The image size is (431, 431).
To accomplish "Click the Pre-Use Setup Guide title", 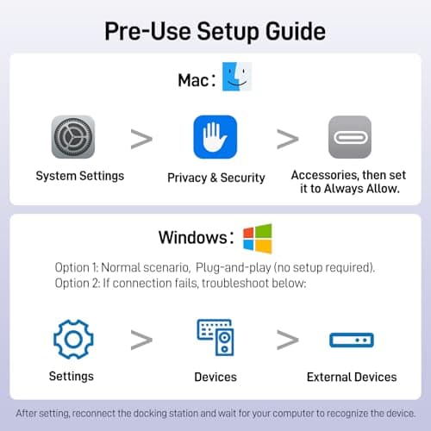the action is coord(215,32).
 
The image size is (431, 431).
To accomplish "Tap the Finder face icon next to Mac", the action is coord(237,77).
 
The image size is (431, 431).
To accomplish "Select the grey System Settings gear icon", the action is coord(73,137).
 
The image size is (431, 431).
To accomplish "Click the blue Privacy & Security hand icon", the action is coord(215,137).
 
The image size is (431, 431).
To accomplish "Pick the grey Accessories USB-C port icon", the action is coord(350,137).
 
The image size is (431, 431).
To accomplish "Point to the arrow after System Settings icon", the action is coord(141,139).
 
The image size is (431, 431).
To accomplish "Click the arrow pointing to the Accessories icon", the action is coord(288,139).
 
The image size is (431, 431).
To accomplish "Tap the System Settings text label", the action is coord(80,176).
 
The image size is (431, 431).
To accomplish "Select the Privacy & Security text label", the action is coord(216,178).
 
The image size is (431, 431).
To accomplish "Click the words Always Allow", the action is coord(362,189).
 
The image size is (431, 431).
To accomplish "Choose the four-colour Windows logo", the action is coord(258,239).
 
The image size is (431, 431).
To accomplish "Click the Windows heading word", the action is coord(193,237).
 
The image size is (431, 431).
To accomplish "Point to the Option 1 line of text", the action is coord(215,267).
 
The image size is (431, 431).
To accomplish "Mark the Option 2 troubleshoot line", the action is coord(180,284).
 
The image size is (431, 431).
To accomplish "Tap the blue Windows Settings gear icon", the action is coord(73,340).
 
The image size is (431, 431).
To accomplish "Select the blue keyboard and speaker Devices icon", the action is coord(215,338).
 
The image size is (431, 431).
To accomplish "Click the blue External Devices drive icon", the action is coord(352,340).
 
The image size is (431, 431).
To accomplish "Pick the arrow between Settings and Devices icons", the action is coord(141,340).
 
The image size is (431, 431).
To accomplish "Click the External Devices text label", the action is coord(352,377).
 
